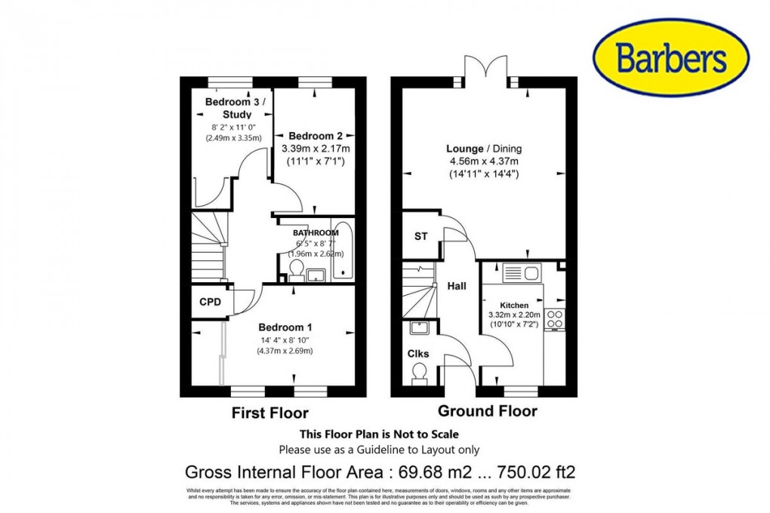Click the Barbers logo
click(670, 57)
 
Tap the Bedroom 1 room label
click(285, 327)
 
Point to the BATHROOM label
click(316, 233)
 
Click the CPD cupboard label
click(210, 303)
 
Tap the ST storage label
click(420, 236)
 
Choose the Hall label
click(457, 286)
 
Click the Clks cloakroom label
click(418, 353)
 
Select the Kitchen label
click(514, 305)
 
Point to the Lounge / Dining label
click(484, 149)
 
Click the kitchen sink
click(519, 273)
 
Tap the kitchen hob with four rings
click(555, 320)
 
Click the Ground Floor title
click(488, 411)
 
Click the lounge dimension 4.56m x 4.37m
click(484, 161)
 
